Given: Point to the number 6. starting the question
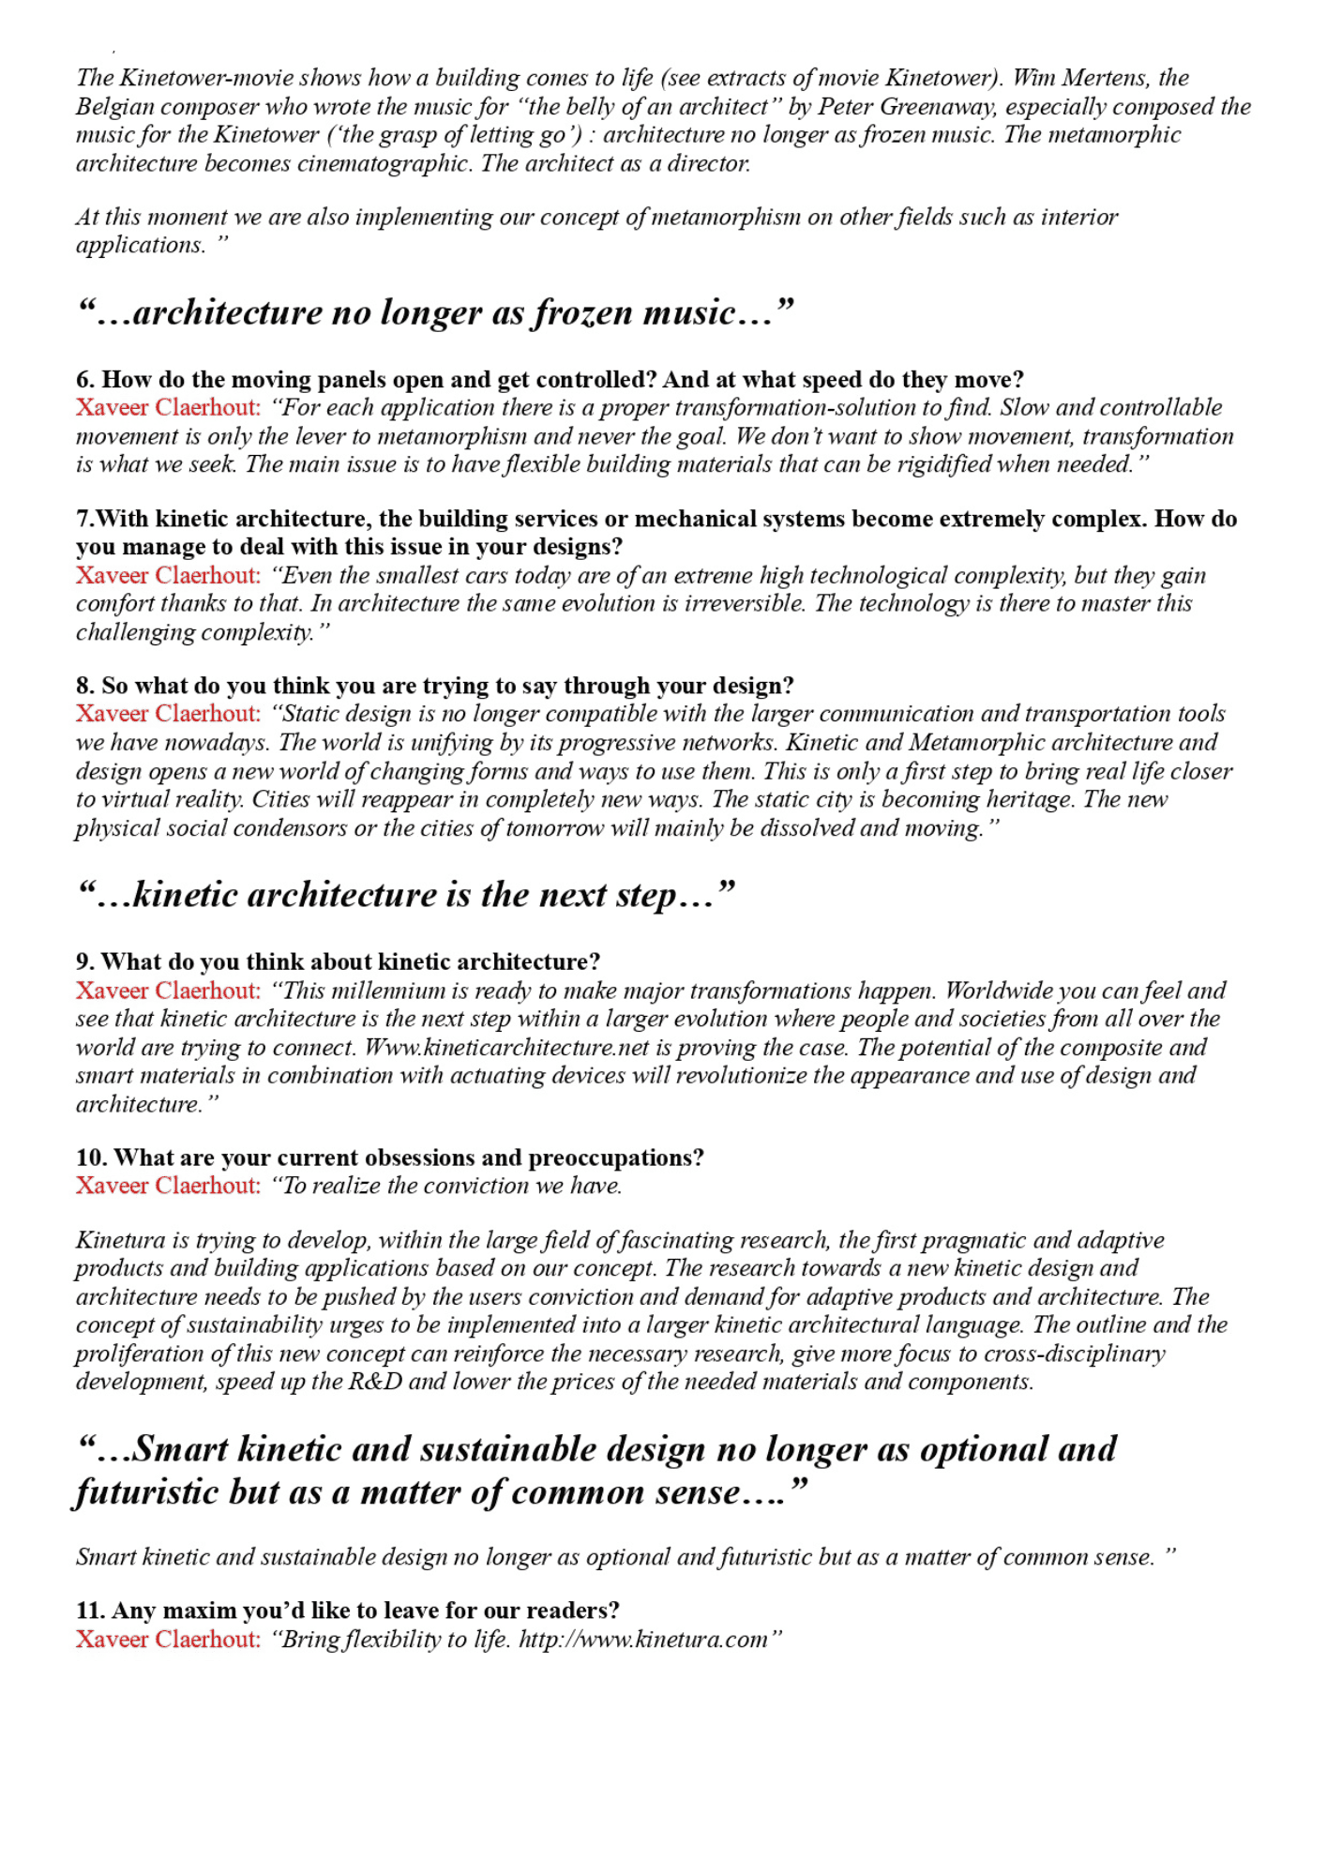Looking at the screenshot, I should (85, 380).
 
